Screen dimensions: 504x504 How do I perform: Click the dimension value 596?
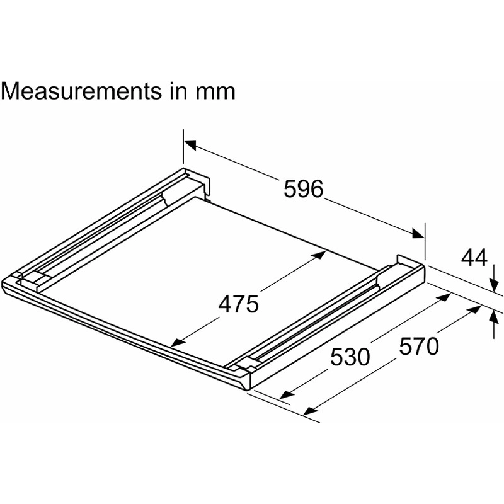[303, 189]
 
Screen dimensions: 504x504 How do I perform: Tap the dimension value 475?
[238, 304]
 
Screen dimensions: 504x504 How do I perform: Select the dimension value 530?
[350, 357]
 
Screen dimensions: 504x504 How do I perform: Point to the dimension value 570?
[419, 346]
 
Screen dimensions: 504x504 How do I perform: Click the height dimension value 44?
[474, 258]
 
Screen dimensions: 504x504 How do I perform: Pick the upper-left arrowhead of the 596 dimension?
[190, 146]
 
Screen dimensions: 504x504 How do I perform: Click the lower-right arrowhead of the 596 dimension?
[418, 234]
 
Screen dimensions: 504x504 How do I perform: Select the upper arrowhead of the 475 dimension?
[320, 255]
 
